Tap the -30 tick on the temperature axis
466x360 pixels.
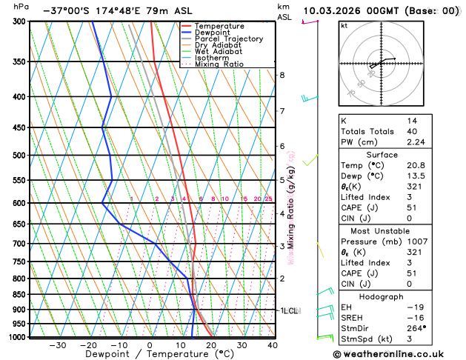point(57,345)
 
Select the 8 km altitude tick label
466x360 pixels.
point(282,75)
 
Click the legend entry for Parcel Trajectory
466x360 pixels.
point(228,39)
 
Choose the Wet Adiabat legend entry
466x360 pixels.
point(218,51)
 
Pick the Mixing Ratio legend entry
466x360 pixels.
point(219,64)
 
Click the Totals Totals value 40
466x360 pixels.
point(411,131)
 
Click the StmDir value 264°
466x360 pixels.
point(416,328)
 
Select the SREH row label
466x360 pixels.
point(352,317)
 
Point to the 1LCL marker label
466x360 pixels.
point(288,311)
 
